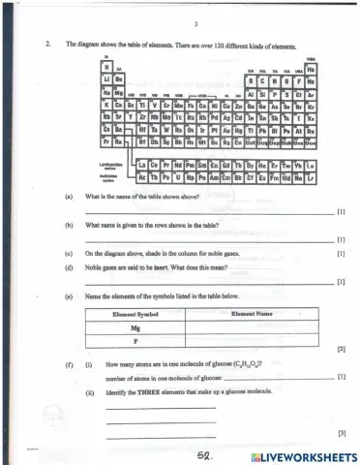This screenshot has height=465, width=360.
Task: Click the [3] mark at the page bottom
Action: click(x=341, y=434)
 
